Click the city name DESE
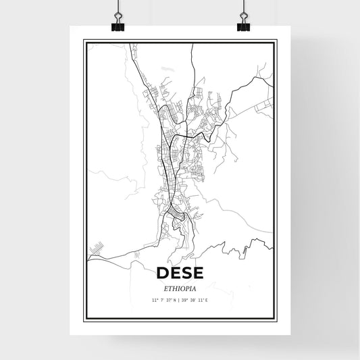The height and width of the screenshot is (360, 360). click(x=179, y=273)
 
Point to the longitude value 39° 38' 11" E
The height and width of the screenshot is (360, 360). click(x=195, y=300)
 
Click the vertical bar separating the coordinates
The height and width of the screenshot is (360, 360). click(x=180, y=300)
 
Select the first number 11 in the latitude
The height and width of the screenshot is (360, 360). click(x=154, y=300)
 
